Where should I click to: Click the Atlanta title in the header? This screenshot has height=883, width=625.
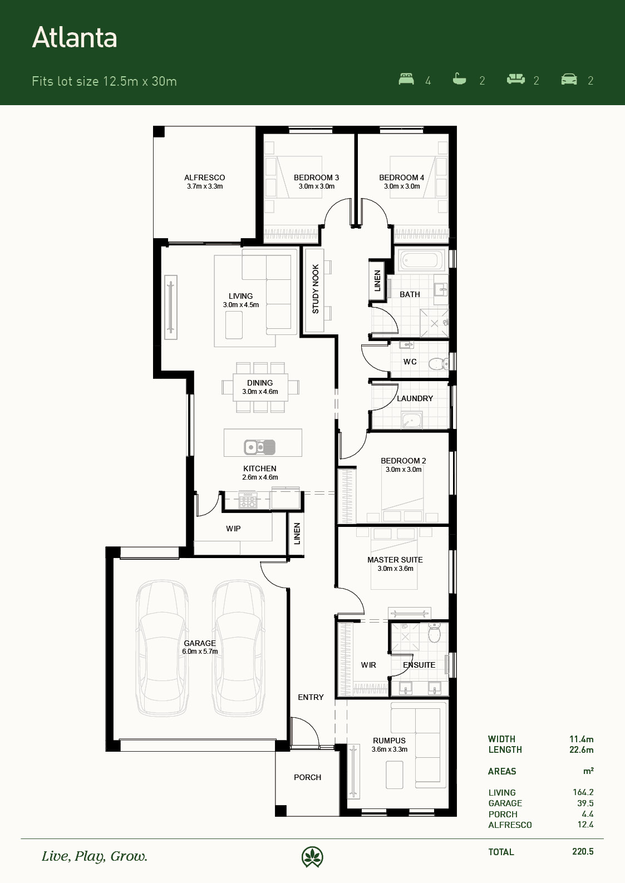75,38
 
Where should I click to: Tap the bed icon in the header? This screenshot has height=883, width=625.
406,79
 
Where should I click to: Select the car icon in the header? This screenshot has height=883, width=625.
569,79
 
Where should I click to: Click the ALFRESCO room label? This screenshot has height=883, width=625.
205,178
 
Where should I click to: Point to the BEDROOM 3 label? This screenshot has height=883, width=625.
316,178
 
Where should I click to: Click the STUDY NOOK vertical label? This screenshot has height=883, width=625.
316,289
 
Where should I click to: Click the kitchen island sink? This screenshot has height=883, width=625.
259,447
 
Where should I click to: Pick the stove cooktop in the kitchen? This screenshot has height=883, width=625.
248,500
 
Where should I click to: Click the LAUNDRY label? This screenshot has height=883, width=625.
415,398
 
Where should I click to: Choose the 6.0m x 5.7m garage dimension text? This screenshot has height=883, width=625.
200,652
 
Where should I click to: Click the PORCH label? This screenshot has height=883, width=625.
308,777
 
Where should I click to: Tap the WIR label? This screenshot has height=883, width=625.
368,665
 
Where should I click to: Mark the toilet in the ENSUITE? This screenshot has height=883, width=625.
434,632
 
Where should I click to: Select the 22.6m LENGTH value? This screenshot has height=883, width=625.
581,750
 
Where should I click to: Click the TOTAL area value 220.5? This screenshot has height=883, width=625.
583,852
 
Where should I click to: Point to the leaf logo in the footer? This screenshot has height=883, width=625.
312,857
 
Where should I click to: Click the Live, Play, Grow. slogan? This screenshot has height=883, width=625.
95,857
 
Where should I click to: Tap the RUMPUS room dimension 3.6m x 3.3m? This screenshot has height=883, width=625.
390,749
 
